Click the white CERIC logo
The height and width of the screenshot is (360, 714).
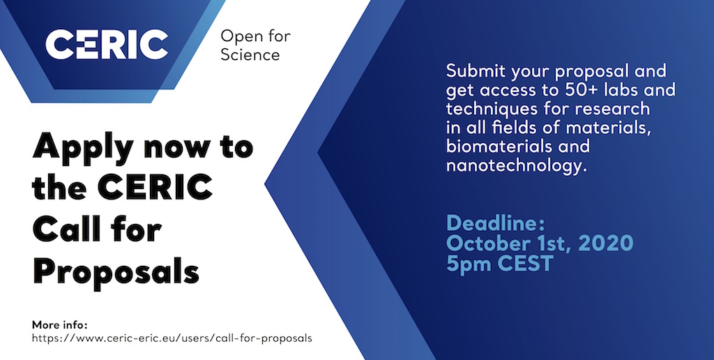tap(107, 44)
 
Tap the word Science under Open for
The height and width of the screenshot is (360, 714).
tap(250, 54)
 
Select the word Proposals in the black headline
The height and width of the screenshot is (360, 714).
tap(116, 273)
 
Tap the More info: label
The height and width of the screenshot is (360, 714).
tap(59, 325)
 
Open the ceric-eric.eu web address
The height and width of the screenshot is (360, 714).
tap(172, 338)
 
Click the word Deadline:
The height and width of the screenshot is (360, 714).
tap(496, 223)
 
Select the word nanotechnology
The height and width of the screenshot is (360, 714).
tap(515, 166)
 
